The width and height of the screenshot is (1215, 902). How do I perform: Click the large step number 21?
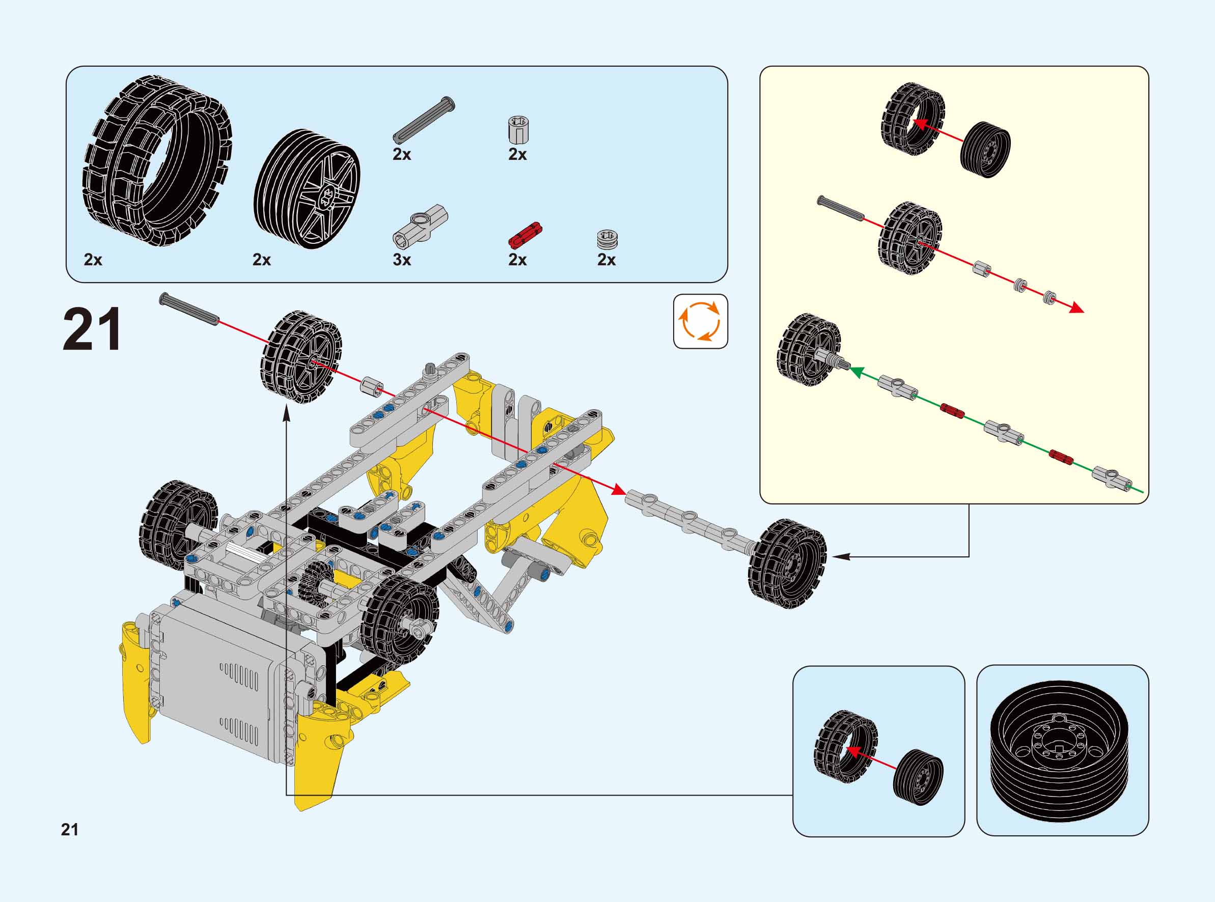coord(92,329)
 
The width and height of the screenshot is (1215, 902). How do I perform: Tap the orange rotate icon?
coord(700,322)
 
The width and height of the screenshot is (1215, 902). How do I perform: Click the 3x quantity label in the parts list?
coord(401,260)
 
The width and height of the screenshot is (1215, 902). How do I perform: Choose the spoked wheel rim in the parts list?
coord(307,188)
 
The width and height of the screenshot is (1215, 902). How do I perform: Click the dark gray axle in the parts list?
coord(424,121)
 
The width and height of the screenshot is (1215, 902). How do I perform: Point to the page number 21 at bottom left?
coord(70,829)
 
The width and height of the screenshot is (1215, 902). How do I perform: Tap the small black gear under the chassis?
coord(313,580)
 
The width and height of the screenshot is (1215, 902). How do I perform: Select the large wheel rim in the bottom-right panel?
coord(1059,751)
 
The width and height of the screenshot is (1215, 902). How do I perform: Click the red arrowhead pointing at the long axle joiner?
coord(618,490)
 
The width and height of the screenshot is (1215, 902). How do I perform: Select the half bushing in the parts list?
coord(606,240)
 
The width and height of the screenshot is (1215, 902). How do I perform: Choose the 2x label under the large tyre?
coord(93,260)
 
